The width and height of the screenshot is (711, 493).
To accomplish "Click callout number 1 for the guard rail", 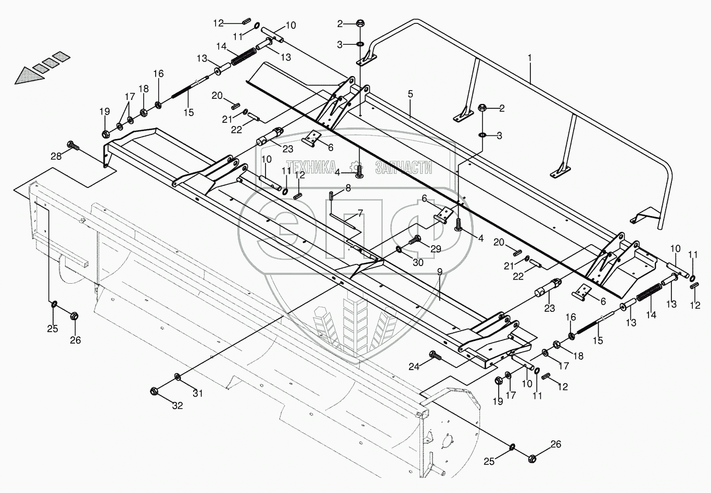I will pos(530,58).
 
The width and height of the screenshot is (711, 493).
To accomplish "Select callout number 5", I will pos(410,94).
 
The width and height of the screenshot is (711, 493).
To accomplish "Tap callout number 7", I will pos(359,214).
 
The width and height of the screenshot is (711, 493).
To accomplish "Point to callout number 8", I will pos(348,188).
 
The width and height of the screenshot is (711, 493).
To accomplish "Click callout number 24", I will pos(413,366).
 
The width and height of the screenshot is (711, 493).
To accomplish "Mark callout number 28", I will pos(56,156).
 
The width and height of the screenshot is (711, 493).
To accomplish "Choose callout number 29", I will pos(436,249).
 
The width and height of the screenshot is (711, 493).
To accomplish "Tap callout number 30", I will pos(418,263).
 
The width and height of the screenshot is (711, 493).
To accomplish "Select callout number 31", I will pos(198,394).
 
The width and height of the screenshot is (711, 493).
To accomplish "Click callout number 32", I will pos(177,406).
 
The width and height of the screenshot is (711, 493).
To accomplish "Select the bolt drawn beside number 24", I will pos(434,356).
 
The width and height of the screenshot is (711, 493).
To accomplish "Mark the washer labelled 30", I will pos(399,250).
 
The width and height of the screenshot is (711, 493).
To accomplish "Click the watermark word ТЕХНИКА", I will pos(314,167).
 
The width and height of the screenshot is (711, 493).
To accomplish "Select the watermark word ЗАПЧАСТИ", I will pos(403,167).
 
